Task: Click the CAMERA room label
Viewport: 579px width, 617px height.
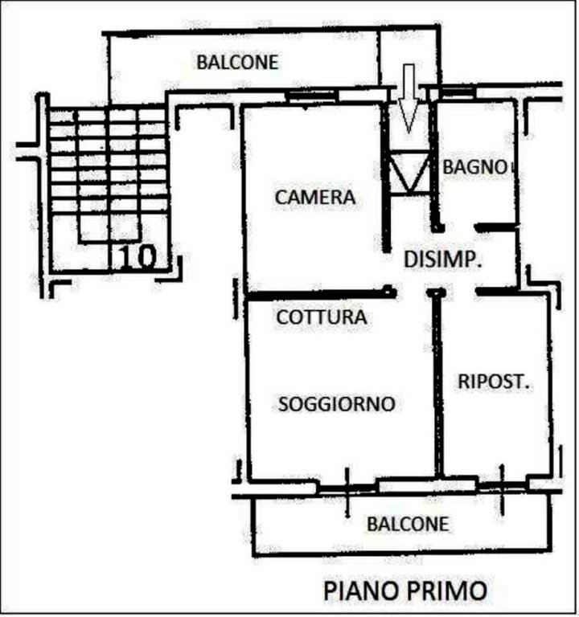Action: click(x=315, y=197)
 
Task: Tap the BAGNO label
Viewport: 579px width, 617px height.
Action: click(x=474, y=167)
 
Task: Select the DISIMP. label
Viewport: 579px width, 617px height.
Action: click(x=443, y=259)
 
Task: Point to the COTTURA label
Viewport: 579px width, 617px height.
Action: click(x=322, y=317)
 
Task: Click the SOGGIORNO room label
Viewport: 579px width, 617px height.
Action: click(x=337, y=404)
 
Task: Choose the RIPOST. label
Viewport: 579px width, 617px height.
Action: click(x=493, y=382)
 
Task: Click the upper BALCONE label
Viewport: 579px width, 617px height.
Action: click(x=237, y=62)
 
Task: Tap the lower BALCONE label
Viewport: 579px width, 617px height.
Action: click(x=408, y=524)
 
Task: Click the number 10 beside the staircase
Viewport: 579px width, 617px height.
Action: click(x=138, y=258)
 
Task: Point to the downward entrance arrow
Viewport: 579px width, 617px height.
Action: click(x=409, y=97)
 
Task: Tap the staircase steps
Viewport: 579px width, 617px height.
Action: click(x=109, y=161)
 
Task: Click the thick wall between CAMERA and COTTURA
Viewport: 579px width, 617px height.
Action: click(x=320, y=293)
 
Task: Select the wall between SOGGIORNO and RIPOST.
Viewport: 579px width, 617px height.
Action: click(x=437, y=384)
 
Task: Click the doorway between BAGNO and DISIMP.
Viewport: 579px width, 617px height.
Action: click(x=460, y=227)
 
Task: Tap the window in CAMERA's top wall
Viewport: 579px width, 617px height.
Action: click(x=312, y=96)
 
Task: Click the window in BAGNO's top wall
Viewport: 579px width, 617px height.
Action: click(x=456, y=92)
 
